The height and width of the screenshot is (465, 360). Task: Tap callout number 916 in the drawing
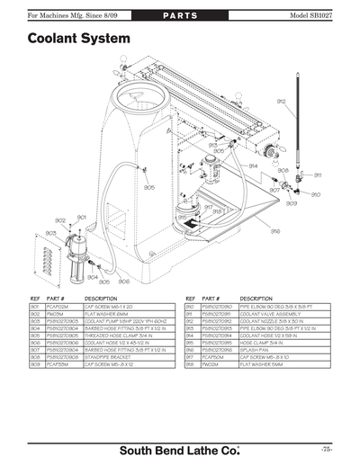[x=275, y=231]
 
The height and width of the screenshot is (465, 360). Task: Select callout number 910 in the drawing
[x=315, y=194]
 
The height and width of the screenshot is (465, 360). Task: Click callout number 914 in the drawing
[x=253, y=165]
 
